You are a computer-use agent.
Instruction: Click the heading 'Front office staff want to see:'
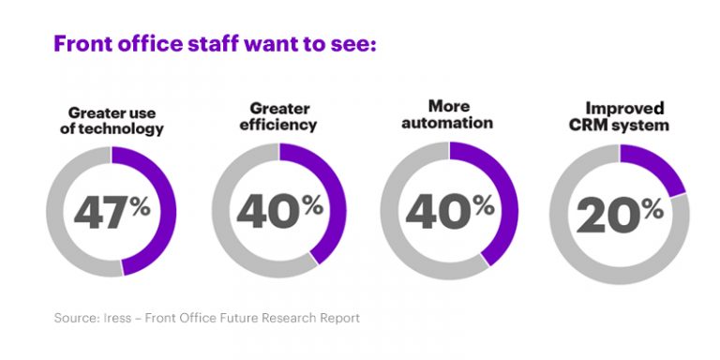[x=215, y=44]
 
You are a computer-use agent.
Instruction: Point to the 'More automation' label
[x=448, y=113]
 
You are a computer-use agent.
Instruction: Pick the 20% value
[x=620, y=216]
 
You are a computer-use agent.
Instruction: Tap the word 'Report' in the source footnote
[x=337, y=318]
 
